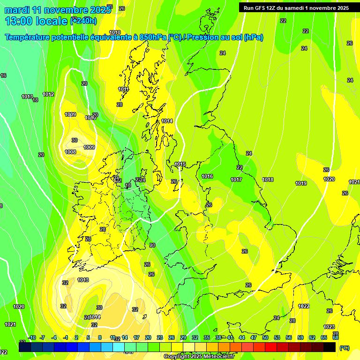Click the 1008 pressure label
(x=70, y=152)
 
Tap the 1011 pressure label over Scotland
(x=123, y=89)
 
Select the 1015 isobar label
(x=180, y=164)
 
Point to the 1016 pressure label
(x=207, y=176)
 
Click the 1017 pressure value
(x=236, y=180)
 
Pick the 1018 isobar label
(x=268, y=180)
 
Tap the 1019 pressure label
(x=301, y=183)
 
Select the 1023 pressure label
(x=329, y=327)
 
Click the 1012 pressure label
(x=48, y=94)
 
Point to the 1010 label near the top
(x=115, y=32)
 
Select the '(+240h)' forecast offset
(x=83, y=21)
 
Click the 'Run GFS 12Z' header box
(x=296, y=8)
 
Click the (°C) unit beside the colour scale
(x=344, y=348)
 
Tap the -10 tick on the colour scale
(x=32, y=337)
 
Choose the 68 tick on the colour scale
(x=336, y=337)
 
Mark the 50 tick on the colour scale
(x=265, y=337)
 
